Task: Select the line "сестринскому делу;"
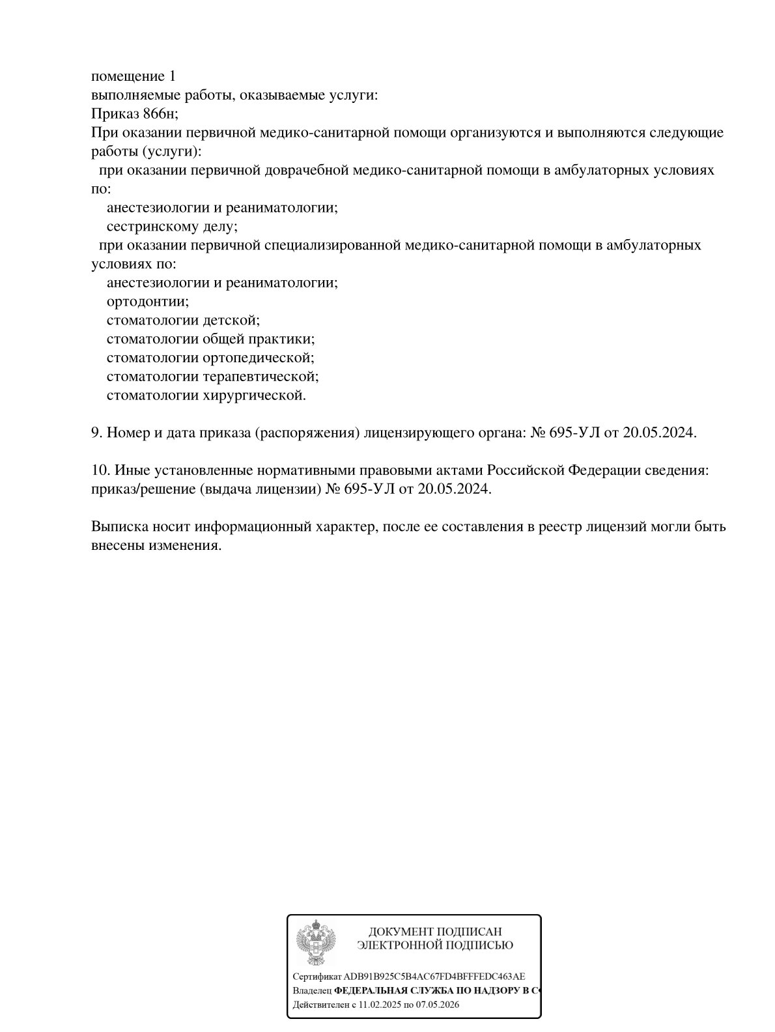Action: click(172, 227)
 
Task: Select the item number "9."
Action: click(97, 433)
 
